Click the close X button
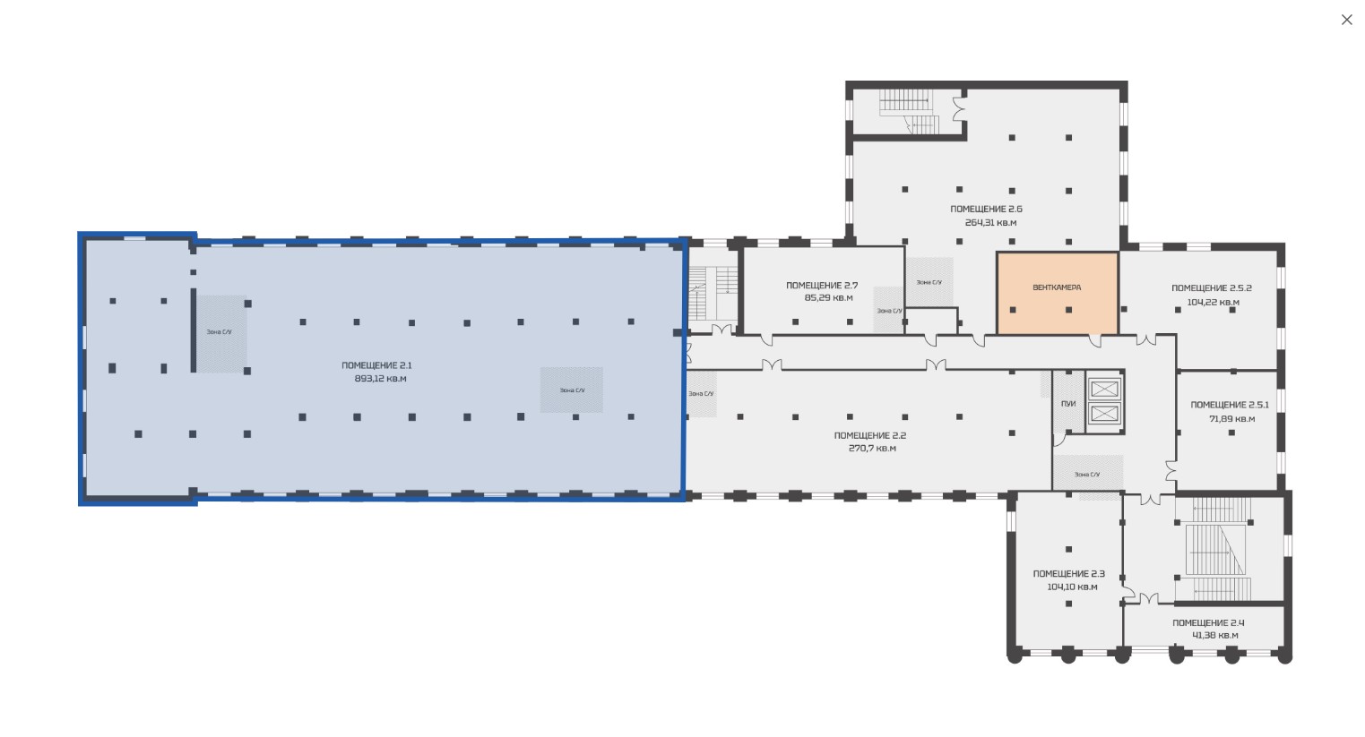[1347, 20]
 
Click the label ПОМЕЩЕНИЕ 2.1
[376, 365]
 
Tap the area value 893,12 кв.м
[380, 379]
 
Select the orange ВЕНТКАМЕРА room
[1058, 294]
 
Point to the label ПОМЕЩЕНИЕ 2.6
[986, 209]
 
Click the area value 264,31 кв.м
[991, 223]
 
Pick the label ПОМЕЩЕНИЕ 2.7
[822, 285]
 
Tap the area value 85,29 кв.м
[828, 298]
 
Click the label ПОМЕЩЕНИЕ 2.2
[869, 435]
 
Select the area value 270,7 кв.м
[872, 449]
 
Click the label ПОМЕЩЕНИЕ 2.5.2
[1212, 288]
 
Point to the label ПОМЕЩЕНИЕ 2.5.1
[1230, 405]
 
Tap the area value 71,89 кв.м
[1231, 419]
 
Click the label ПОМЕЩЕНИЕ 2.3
[1069, 574]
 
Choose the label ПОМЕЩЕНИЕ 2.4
[1208, 623]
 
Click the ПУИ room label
[1068, 404]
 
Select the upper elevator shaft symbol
[1104, 388]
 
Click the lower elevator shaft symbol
[1104, 415]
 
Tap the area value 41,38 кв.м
[1215, 636]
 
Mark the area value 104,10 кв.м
[1072, 587]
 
